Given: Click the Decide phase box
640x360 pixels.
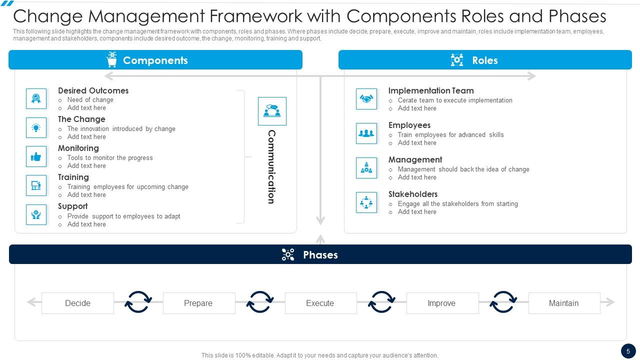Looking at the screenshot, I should [x=77, y=303].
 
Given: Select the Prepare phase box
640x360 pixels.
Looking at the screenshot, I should [x=198, y=303].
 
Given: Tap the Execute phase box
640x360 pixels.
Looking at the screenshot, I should [x=320, y=303].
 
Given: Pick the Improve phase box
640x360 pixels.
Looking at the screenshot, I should [x=442, y=303].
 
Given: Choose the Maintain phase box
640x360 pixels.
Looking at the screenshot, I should [x=564, y=303].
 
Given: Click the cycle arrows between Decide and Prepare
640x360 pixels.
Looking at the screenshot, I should [x=138, y=302].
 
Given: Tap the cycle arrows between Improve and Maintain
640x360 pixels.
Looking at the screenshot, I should [x=503, y=302].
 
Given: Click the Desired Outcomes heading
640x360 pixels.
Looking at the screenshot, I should [x=93, y=90].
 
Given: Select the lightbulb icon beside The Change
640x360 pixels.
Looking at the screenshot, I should [x=36, y=127].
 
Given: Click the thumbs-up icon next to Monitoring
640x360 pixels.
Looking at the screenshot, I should [x=36, y=156].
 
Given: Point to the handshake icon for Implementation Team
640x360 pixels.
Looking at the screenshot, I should [x=366, y=99].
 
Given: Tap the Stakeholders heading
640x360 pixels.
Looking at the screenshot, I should [x=413, y=194].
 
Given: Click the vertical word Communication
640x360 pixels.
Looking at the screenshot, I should [x=271, y=166].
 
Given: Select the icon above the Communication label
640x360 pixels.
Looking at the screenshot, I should [x=272, y=111].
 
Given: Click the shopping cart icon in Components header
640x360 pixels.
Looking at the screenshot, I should [x=111, y=60].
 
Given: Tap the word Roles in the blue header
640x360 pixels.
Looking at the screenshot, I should [x=484, y=60].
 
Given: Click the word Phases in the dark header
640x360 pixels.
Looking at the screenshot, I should [x=320, y=254].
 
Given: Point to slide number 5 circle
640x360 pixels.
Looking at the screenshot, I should [x=628, y=351].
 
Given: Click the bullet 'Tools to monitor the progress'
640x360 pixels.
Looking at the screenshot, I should [x=110, y=157].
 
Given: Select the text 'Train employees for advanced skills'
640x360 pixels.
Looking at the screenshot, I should [x=450, y=134].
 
